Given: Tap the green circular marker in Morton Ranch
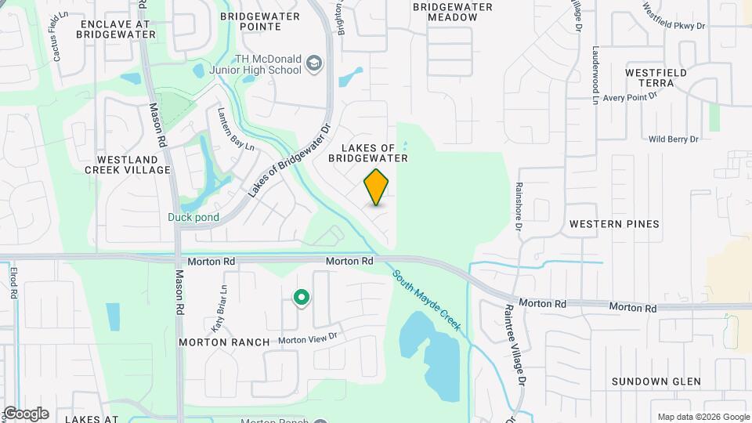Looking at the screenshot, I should click(x=300, y=298).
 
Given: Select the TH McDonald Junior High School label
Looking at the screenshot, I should click(x=268, y=64).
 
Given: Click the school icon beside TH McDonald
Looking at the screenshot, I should click(x=314, y=63).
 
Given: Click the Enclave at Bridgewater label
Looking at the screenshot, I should click(x=114, y=30).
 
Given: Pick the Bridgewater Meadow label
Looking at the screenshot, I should click(x=452, y=13).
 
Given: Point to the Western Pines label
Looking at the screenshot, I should click(x=614, y=224).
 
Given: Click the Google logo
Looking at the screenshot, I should click(x=26, y=414).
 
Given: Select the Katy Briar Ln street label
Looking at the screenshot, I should click(x=218, y=298).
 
